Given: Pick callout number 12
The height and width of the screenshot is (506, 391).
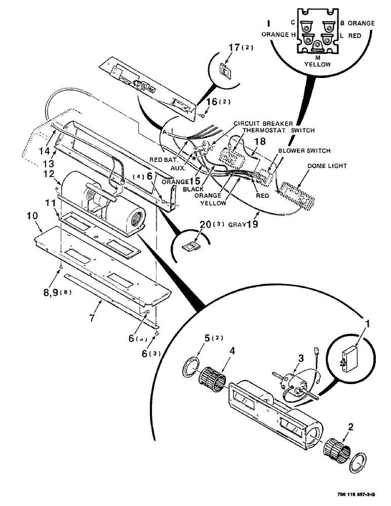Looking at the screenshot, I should [x=49, y=174].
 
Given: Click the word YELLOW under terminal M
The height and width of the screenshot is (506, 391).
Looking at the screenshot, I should [x=318, y=65].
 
